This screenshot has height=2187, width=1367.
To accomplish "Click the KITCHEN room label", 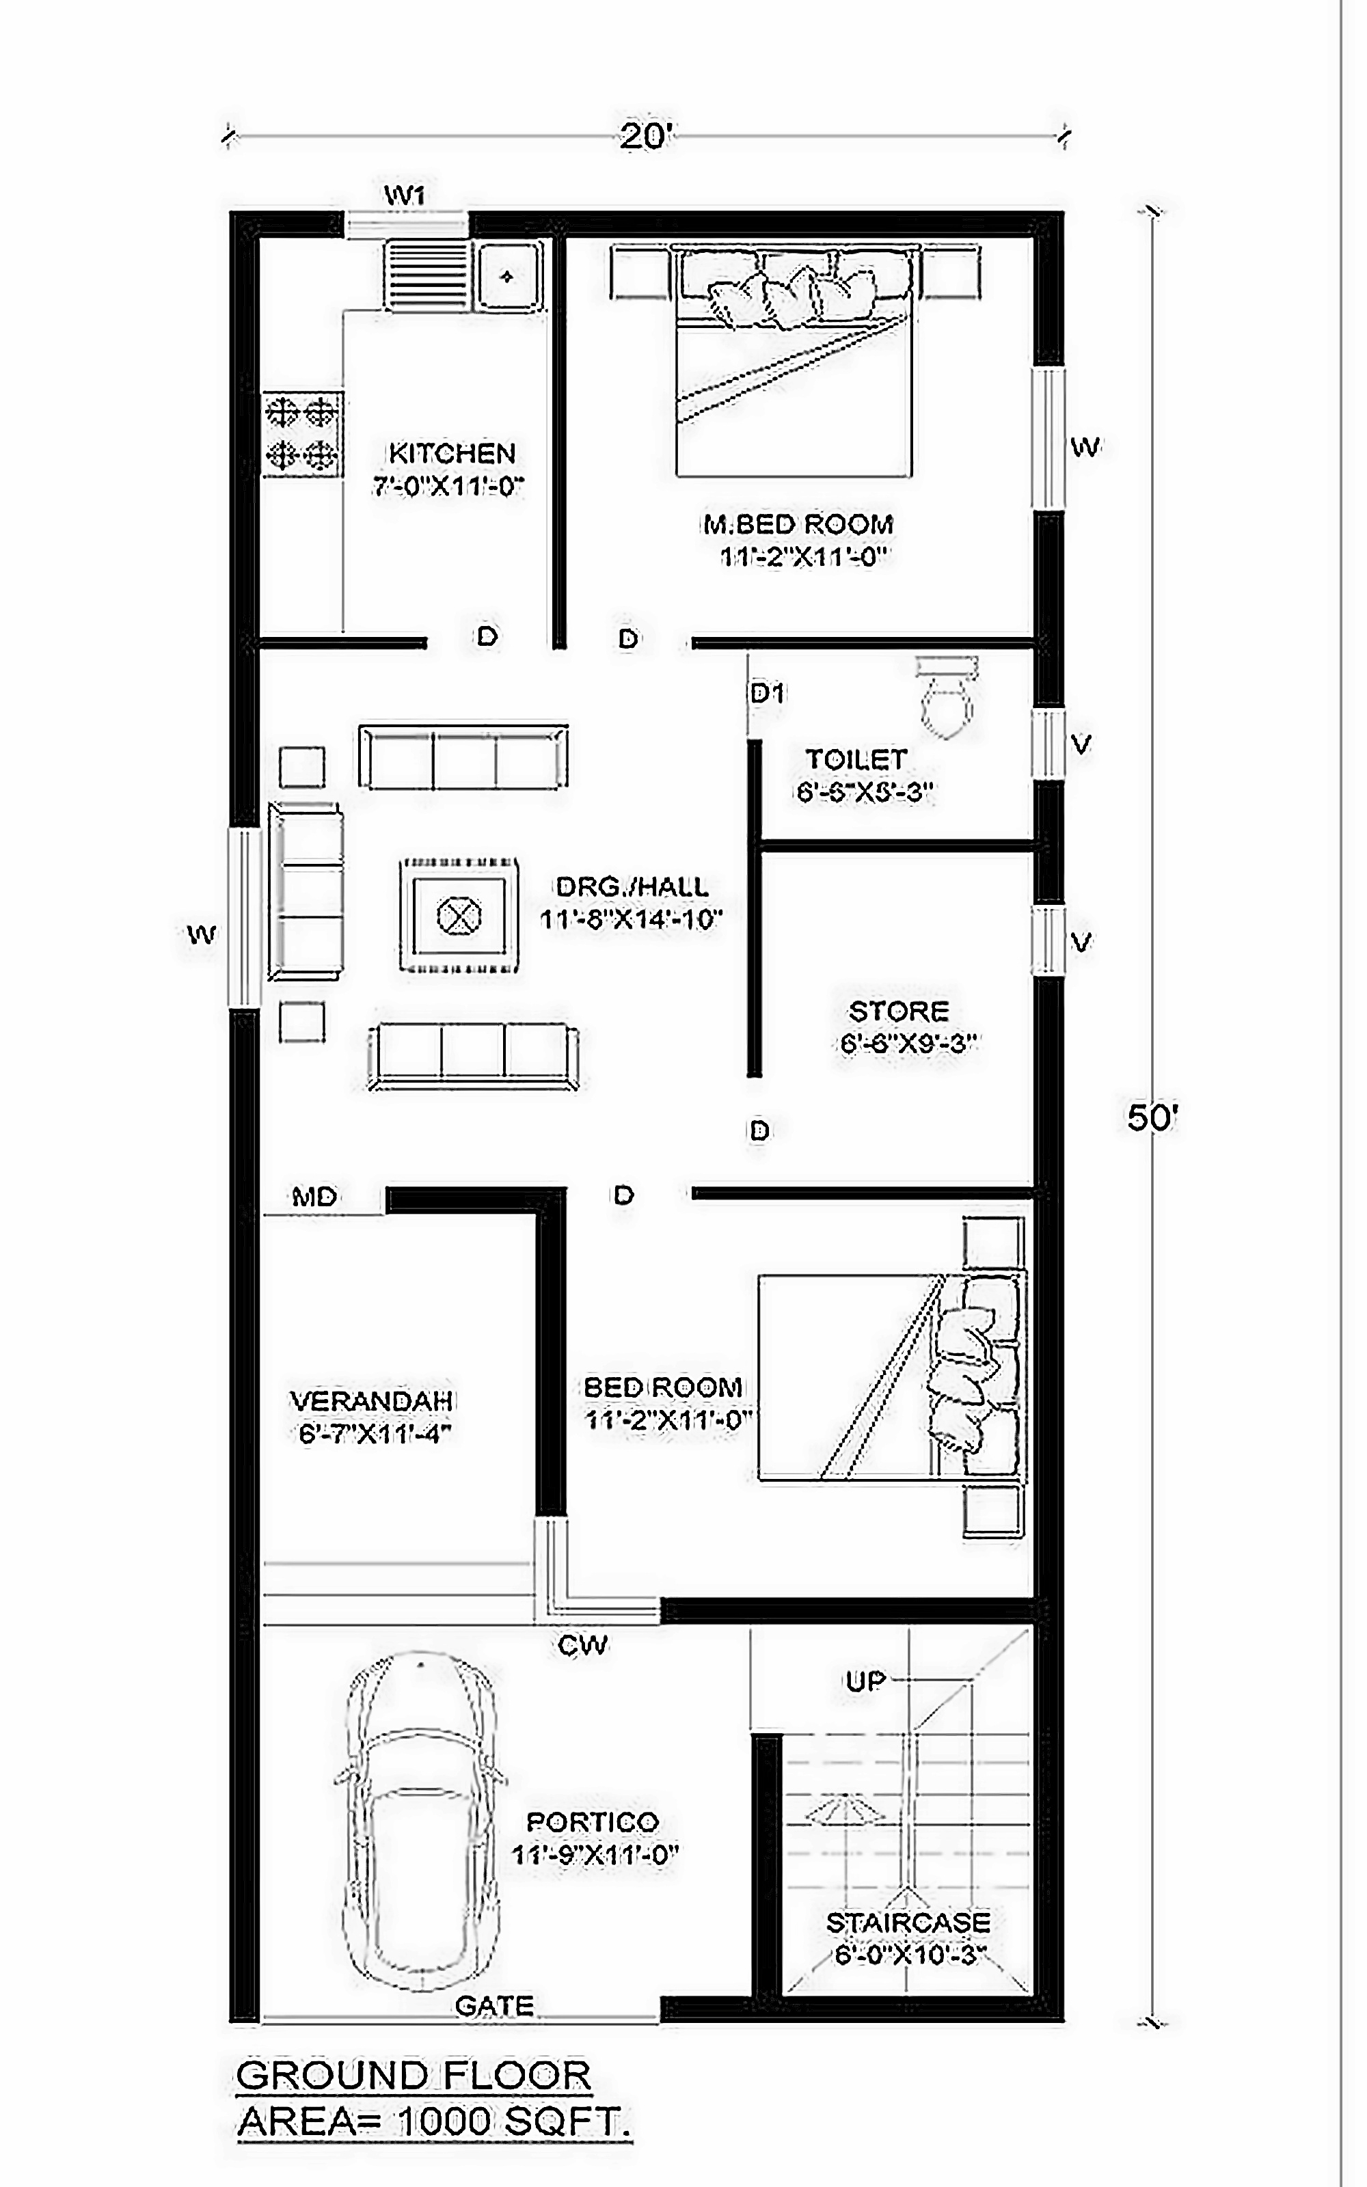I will (x=452, y=452).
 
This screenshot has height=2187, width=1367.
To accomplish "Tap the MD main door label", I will (x=314, y=1197).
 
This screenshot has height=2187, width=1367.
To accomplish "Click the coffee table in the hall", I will (x=459, y=916).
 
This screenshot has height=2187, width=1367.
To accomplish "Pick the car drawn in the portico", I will (x=420, y=1821).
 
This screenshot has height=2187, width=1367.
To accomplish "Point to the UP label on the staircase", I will (x=865, y=1681).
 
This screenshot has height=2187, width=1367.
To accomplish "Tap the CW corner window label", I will (x=582, y=1645).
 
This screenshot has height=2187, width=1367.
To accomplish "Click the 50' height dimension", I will (x=1151, y=1119).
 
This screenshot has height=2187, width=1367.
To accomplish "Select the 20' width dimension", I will (x=645, y=137).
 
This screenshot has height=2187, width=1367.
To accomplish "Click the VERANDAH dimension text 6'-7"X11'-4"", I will (x=373, y=1433).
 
